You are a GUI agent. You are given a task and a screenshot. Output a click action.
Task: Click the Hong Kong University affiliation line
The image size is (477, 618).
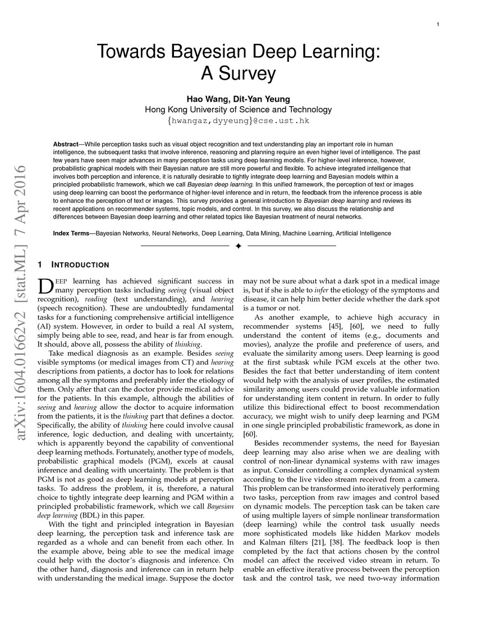[x=238, y=110]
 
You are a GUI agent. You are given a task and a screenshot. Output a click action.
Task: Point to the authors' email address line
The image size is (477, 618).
[x=238, y=121]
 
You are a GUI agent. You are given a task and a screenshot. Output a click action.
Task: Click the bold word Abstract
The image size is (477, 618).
[x=66, y=144]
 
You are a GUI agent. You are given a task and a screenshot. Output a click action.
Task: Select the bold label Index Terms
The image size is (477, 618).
[x=73, y=233]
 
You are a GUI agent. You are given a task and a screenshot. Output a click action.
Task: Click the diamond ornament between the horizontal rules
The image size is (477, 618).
[x=238, y=246]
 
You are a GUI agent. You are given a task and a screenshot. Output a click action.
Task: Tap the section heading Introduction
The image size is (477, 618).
[x=80, y=265]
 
